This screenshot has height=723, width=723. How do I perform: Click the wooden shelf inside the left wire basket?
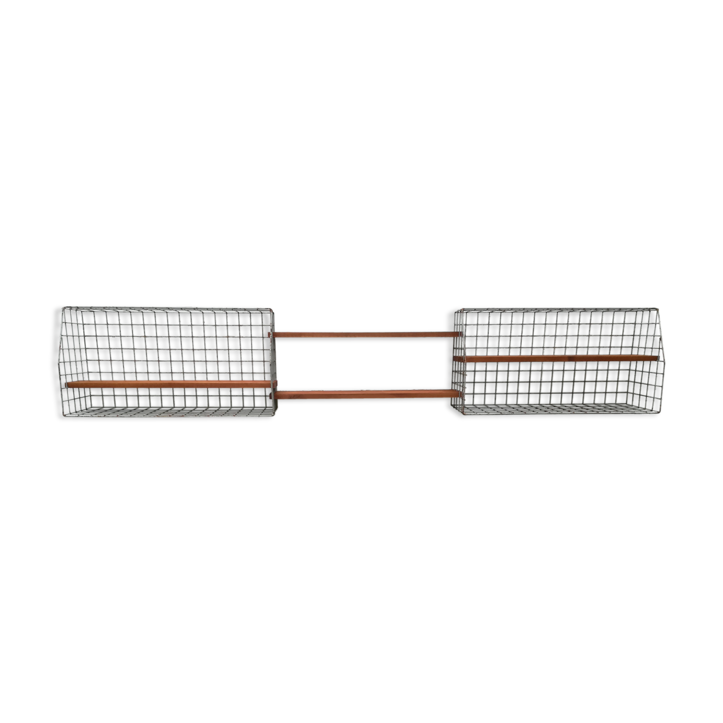(169, 384)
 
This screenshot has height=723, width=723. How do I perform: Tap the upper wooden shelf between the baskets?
(365, 335)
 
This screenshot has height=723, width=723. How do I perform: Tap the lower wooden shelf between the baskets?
(367, 395)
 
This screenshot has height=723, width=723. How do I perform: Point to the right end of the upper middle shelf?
(460, 335)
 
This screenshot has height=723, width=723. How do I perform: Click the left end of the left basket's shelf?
(68, 384)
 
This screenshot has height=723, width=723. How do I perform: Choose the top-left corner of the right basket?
(455, 309)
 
